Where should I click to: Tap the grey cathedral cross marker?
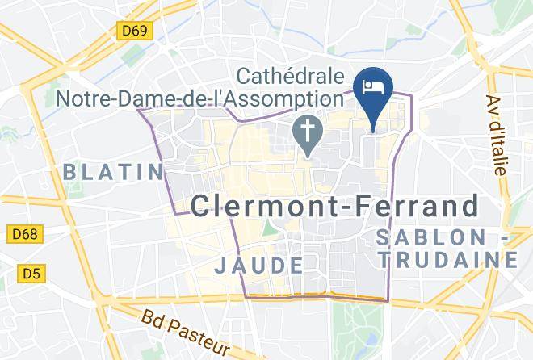(307, 133)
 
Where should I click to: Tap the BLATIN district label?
(113, 171)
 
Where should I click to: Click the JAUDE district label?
(259, 265)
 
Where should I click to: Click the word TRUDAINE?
(451, 260)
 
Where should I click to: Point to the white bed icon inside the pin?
(373, 86)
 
